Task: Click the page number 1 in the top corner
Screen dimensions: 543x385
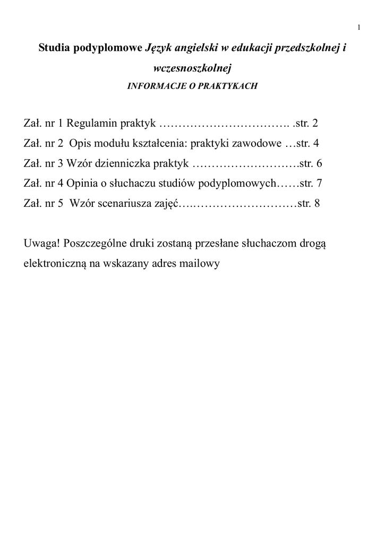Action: point(360,28)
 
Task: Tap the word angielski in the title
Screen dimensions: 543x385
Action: point(192,48)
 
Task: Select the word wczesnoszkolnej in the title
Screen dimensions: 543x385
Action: point(192,68)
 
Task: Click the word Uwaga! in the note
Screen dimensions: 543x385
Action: point(42,243)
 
